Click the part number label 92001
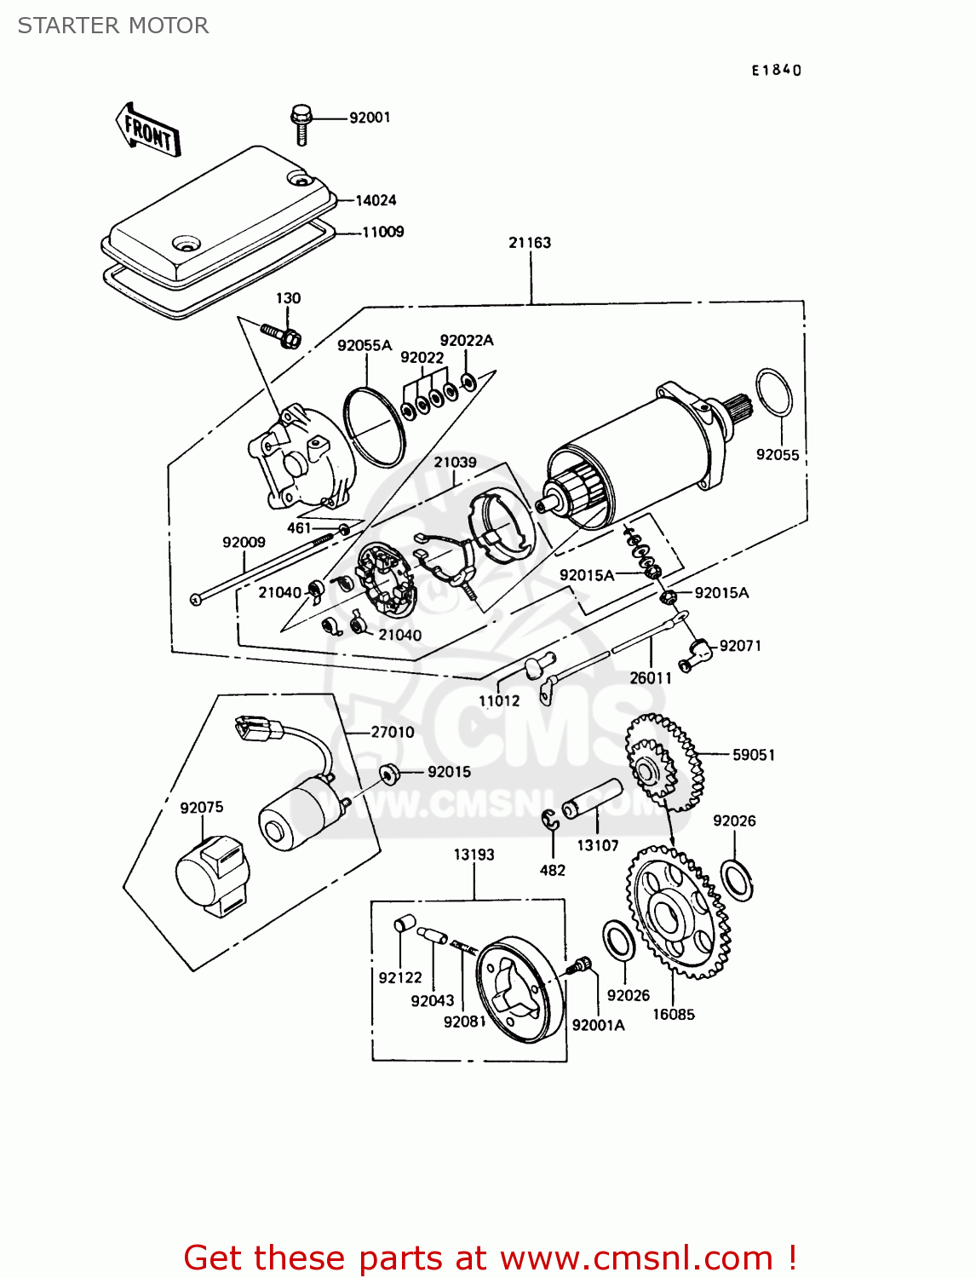tap(370, 118)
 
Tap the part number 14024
tap(376, 200)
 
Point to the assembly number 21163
tap(530, 243)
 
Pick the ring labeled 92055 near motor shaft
tap(774, 393)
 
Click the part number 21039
tap(455, 462)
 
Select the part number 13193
tap(474, 855)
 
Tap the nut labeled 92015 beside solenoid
tap(389, 774)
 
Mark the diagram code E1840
tap(776, 71)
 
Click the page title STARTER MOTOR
tap(113, 26)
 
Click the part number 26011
tap(651, 678)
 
